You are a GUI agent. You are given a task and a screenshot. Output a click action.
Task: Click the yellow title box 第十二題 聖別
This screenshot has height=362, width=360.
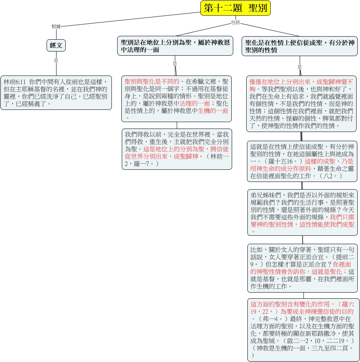235,8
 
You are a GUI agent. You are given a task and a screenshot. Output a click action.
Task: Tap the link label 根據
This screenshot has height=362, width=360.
56,27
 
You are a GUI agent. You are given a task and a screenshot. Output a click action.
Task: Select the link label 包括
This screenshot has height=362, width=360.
236,22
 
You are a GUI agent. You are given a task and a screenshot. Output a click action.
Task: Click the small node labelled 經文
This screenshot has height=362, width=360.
56,45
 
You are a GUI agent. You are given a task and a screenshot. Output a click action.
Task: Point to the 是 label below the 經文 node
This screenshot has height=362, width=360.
56,61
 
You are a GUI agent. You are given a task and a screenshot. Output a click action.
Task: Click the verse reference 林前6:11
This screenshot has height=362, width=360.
15,82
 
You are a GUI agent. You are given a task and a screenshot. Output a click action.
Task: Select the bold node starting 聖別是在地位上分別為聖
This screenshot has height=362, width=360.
175,46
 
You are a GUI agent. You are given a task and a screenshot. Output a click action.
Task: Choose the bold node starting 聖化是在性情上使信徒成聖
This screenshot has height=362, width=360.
299,46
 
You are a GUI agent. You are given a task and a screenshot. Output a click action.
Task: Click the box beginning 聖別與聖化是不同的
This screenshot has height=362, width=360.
176,99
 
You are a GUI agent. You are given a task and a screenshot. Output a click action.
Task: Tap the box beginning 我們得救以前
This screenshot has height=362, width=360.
177,149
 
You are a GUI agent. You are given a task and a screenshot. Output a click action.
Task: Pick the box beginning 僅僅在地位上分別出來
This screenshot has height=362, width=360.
301,104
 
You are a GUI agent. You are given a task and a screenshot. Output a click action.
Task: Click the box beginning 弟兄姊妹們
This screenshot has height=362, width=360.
302,212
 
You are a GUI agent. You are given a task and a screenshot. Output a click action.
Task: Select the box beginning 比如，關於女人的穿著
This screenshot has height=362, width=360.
302,268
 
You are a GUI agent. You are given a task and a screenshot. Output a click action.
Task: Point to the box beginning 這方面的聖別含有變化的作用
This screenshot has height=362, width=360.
302,330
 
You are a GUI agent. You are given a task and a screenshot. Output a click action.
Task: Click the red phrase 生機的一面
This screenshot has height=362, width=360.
213,111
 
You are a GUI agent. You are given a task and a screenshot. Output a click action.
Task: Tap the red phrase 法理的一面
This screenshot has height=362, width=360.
195,103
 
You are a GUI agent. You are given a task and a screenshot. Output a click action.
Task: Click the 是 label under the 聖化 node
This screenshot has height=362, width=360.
299,67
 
